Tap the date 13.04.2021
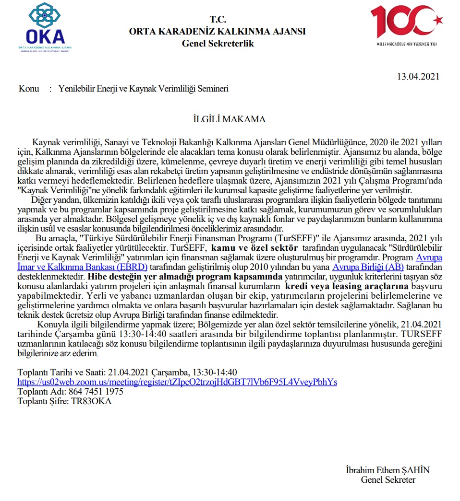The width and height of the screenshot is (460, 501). pyautogui.click(x=418, y=76)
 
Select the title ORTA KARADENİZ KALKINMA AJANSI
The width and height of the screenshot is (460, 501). pyautogui.click(x=217, y=32)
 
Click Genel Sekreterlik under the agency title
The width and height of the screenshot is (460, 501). pyautogui.click(x=218, y=44)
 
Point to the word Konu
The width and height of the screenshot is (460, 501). pyautogui.click(x=29, y=89)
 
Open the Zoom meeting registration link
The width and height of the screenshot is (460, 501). pyautogui.click(x=177, y=382)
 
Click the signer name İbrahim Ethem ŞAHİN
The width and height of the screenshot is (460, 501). pyautogui.click(x=387, y=470)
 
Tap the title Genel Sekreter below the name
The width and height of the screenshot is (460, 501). pyautogui.click(x=388, y=479)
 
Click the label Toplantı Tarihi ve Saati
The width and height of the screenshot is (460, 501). pyautogui.click(x=61, y=373)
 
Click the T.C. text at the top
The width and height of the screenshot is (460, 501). pyautogui.click(x=217, y=20)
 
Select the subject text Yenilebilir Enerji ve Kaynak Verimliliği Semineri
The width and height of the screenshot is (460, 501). pyautogui.click(x=143, y=89)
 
